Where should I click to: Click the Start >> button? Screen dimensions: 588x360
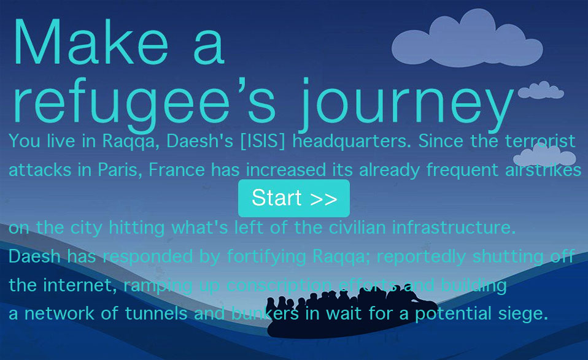(294, 198)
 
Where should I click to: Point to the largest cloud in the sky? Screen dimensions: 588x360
(467, 39)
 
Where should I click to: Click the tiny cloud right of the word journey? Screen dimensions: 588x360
(541, 91)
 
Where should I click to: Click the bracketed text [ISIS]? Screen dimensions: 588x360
(263, 141)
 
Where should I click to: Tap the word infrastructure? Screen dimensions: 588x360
(454, 228)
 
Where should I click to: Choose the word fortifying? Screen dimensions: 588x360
(266, 257)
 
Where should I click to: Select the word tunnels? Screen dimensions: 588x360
(156, 313)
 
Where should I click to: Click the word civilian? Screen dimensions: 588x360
(357, 228)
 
